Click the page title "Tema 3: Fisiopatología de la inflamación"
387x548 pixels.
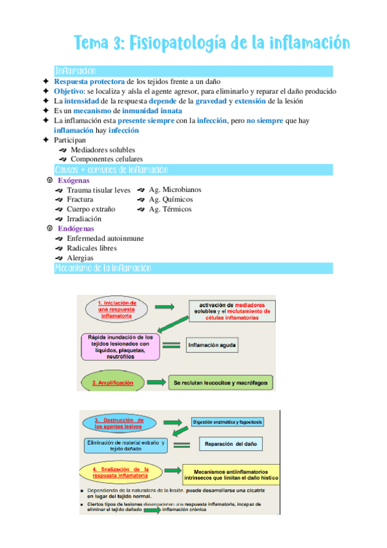[x=213, y=43]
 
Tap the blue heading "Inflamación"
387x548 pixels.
[x=76, y=71]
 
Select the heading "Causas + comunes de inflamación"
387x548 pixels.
[x=111, y=170]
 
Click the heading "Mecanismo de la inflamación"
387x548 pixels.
[x=103, y=268]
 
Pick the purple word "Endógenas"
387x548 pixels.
[x=76, y=228]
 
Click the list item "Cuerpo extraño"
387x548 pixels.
[x=90, y=209]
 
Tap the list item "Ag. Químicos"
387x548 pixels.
[x=171, y=200]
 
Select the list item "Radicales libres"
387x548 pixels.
[x=92, y=248]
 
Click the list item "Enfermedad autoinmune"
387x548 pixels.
[x=105, y=238]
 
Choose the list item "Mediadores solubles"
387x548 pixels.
[x=103, y=150]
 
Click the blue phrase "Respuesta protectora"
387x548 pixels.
[x=90, y=81]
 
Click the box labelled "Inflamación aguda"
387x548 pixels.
[x=211, y=345]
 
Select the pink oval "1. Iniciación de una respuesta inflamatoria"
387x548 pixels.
[x=117, y=310]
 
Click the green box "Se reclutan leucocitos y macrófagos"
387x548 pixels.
[x=217, y=383]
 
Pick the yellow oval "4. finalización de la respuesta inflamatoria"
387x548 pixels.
[x=121, y=472]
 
